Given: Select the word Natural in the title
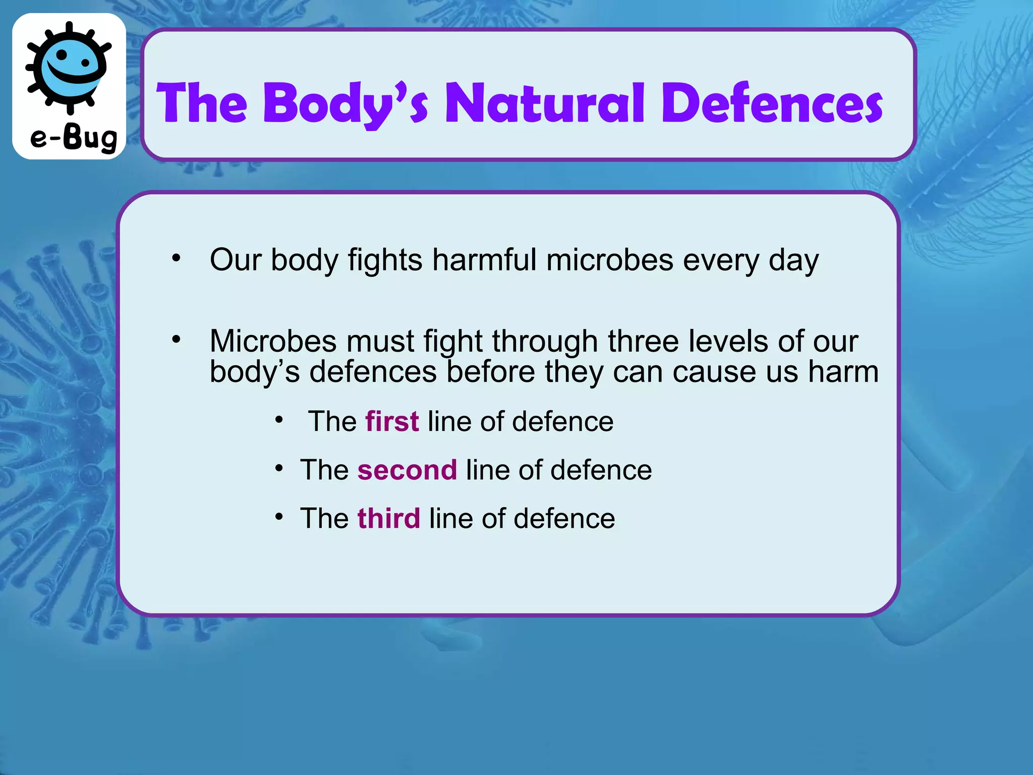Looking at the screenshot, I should click(x=545, y=103).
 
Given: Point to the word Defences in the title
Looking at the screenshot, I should click(x=772, y=103).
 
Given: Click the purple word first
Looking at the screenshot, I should click(x=392, y=421).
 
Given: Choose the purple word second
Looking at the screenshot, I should click(x=407, y=470).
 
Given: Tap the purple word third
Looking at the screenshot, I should click(x=388, y=519).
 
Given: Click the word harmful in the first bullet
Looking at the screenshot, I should click(x=484, y=260).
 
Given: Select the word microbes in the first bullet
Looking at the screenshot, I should click(x=610, y=260).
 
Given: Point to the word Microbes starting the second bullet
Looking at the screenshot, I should click(x=273, y=342).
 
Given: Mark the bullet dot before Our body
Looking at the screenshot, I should click(x=176, y=258).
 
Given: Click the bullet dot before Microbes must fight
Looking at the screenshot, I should click(x=176, y=339).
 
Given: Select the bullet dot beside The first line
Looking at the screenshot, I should click(x=279, y=419).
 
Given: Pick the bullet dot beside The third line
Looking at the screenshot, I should click(x=279, y=516).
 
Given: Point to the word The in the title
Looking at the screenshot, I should click(x=202, y=103).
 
